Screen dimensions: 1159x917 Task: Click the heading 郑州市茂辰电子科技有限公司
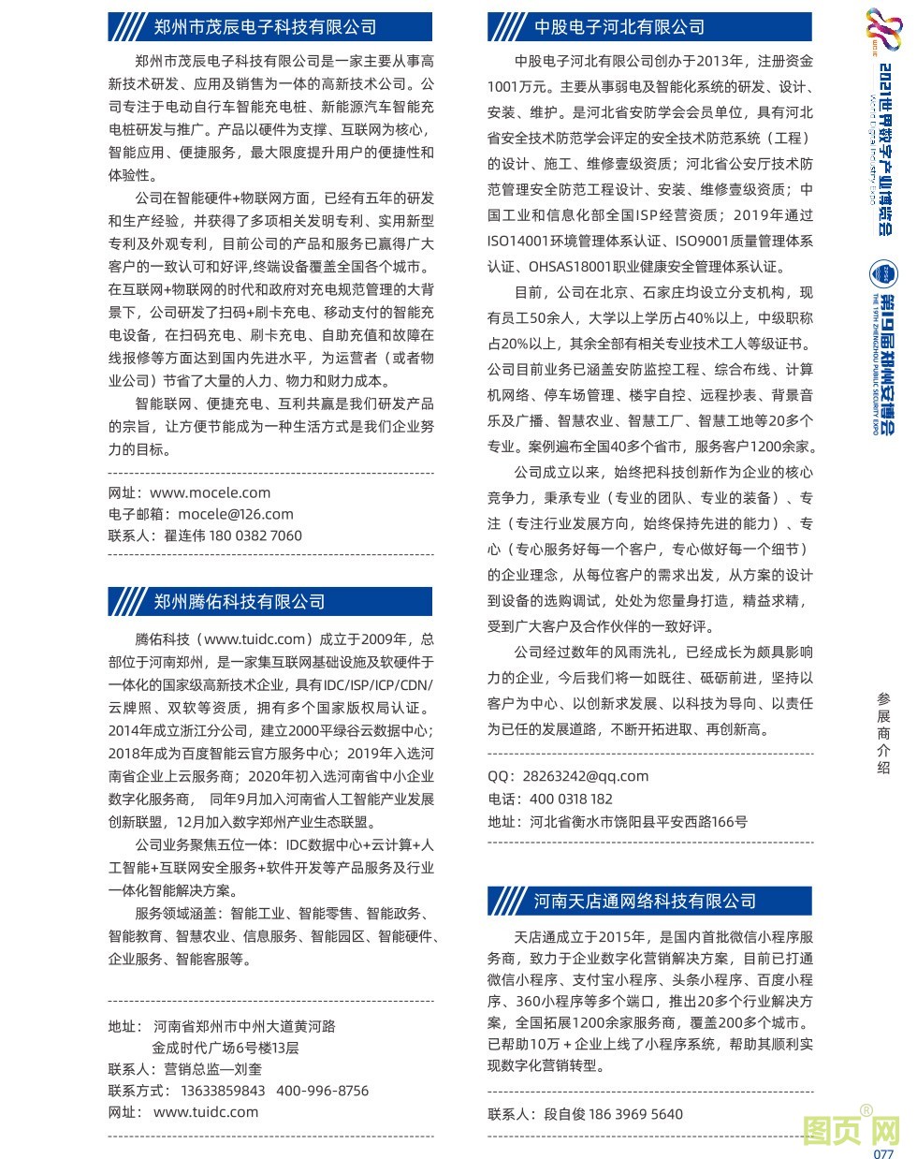265,27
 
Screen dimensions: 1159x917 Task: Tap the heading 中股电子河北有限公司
619,27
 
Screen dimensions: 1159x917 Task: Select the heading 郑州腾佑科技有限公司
240,601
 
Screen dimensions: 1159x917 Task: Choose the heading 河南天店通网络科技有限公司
645,901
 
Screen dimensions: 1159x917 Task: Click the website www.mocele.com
210,492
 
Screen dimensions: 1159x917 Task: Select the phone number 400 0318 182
571,799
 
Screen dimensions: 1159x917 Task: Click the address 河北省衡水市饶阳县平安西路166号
638,822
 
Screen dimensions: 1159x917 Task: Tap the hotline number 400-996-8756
323,1091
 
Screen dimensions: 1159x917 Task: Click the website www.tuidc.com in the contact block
206,1112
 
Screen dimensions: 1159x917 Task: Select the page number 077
884,1153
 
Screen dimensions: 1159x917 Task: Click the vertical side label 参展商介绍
884,732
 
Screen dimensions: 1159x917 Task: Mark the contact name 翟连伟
184,535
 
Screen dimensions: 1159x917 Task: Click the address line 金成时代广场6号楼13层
226,1048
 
